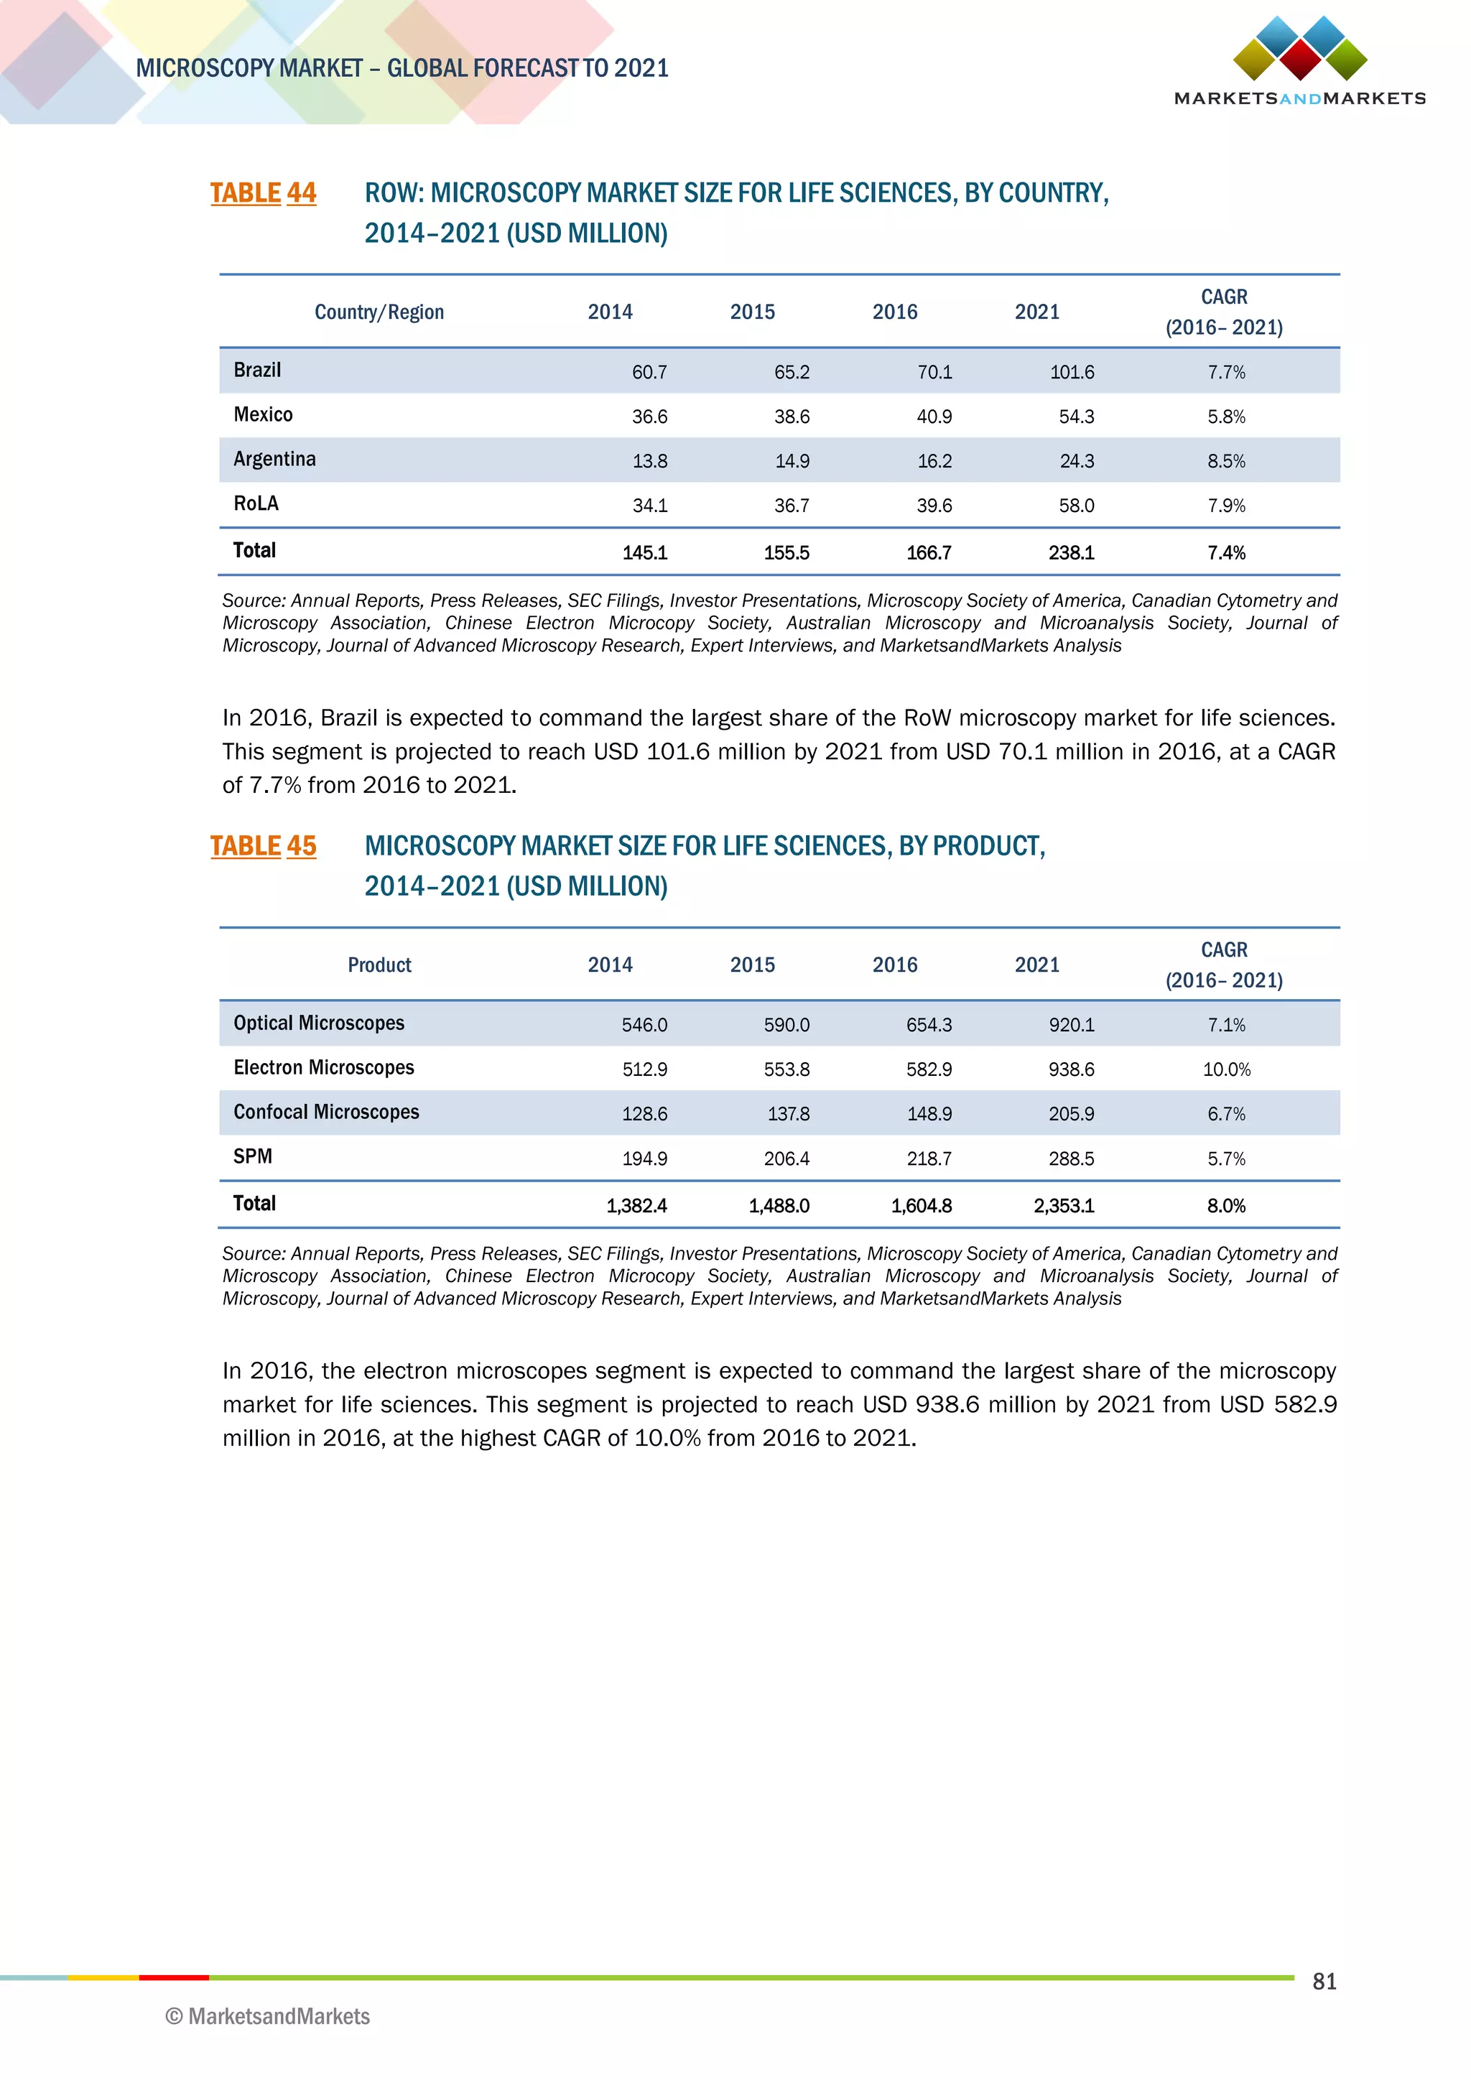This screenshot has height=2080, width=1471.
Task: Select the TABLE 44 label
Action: point(263,193)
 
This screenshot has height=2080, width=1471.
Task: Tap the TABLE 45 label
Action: point(263,846)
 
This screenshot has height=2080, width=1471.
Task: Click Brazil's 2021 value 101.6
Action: point(1072,372)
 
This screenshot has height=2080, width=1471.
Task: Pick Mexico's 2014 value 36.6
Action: point(649,417)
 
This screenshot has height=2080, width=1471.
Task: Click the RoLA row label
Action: point(256,503)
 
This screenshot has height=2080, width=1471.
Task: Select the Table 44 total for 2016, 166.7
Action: point(929,552)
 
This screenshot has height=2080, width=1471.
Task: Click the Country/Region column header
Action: point(379,312)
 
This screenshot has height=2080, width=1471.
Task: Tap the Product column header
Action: point(379,966)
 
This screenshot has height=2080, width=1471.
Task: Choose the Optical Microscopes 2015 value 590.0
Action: point(786,1026)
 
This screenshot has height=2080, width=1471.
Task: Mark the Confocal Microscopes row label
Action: point(326,1113)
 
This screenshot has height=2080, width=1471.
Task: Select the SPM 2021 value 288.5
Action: point(1072,1159)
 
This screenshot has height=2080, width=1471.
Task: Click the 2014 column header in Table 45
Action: point(610,966)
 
